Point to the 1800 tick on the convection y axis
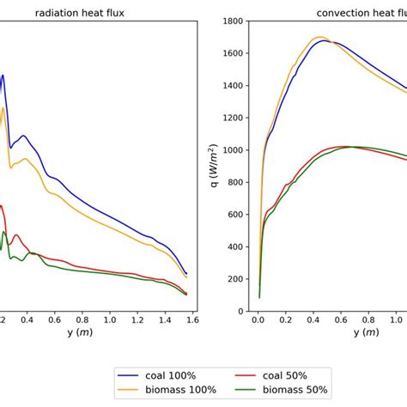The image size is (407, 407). pos(235,20)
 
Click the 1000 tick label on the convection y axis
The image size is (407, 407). pos(235,149)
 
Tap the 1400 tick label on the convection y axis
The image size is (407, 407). pos(235,85)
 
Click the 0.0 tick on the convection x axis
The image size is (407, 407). pos(258,319)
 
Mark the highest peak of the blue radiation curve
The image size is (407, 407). pos(3,75)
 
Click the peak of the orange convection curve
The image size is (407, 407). pos(319,37)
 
